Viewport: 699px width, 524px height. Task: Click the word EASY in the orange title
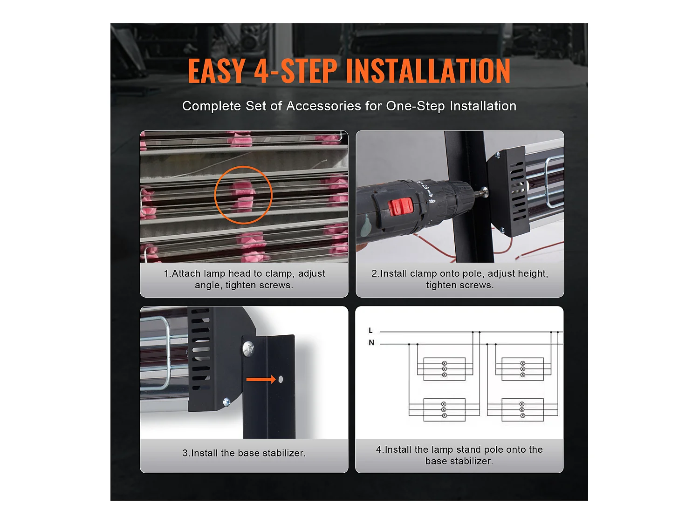point(216,71)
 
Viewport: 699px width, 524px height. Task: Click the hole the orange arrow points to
point(281,379)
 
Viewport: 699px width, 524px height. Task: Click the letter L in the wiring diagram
point(370,331)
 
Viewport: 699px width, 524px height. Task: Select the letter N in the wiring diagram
point(371,343)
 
